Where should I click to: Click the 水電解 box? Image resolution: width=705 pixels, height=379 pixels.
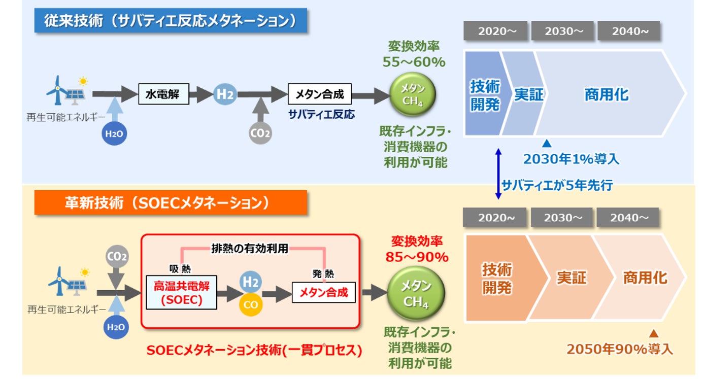pos(163,94)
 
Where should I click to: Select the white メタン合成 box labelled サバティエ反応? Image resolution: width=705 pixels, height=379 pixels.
pos(319,94)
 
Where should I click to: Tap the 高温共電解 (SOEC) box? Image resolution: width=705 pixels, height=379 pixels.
pos(181,293)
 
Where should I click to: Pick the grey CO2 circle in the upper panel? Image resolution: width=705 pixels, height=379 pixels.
pos(260,133)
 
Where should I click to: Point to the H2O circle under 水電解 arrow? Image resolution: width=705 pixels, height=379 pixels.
pos(114,134)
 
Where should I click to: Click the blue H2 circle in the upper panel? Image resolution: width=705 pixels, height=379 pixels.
pos(224,94)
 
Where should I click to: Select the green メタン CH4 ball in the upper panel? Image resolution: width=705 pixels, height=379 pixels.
pos(413,94)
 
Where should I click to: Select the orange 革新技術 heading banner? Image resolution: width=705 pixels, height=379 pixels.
pos(171,203)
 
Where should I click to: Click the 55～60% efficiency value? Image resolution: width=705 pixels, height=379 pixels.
pos(414,62)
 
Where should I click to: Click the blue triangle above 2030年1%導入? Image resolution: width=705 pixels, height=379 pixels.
pos(547,144)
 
